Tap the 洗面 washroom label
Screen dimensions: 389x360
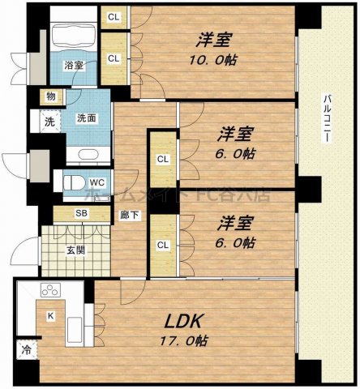pyautogui.click(x=86, y=118)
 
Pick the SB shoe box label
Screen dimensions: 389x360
pyautogui.click(x=81, y=214)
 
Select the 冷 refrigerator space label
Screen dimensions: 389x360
pyautogui.click(x=26, y=351)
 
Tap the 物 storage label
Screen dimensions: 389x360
pyautogui.click(x=51, y=96)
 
